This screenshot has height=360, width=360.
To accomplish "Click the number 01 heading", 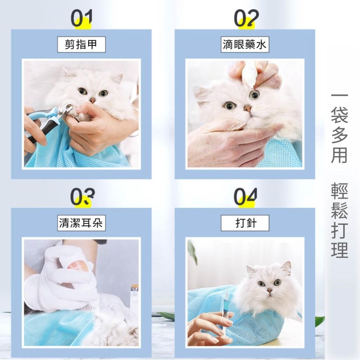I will pyautogui.click(x=81, y=18).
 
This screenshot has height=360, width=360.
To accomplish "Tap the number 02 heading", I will pyautogui.click(x=246, y=18).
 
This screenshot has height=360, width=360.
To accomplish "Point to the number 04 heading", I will pyautogui.click(x=246, y=197).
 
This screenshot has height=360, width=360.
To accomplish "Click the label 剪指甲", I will pyautogui.click(x=81, y=45).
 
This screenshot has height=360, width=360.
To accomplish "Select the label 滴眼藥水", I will pyautogui.click(x=244, y=45).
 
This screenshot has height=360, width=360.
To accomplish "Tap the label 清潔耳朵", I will pyautogui.click(x=81, y=223).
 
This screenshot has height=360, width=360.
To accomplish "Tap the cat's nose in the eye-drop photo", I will pyautogui.click(x=247, y=107).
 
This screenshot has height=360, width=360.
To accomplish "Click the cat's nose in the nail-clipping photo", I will pyautogui.click(x=93, y=100).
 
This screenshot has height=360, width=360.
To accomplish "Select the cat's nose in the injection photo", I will pyautogui.click(x=269, y=289).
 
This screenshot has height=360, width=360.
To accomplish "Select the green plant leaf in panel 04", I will pyautogui.click(x=192, y=252).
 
